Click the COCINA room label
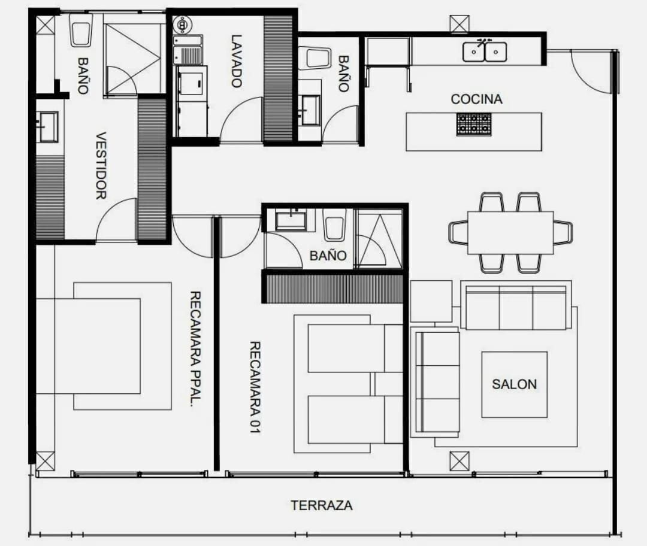click(x=477, y=99)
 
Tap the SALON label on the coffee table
click(x=514, y=384)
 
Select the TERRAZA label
click(x=322, y=505)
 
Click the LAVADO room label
click(x=237, y=61)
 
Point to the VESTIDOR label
click(x=101, y=165)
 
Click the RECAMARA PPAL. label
click(x=195, y=349)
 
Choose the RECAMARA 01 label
click(x=255, y=387)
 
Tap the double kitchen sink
click(x=485, y=51)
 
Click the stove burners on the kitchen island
click(x=474, y=125)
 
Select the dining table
click(x=510, y=233)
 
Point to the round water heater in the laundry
click(x=181, y=25)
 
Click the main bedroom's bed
click(x=88, y=346)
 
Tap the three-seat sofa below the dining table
click(x=516, y=307)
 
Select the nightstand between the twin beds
click(x=388, y=384)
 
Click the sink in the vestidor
click(x=47, y=127)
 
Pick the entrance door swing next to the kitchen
click(x=591, y=71)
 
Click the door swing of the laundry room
click(x=241, y=120)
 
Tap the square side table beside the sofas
click(x=431, y=302)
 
